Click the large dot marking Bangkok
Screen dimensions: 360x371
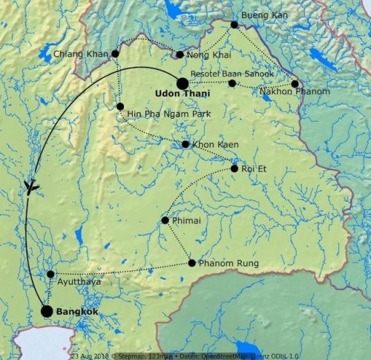click(47, 311)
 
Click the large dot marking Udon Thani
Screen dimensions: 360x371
click(183, 84)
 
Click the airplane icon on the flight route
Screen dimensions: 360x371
click(31, 186)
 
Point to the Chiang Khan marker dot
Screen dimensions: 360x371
click(115, 53)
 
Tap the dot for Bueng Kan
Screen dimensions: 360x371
click(234, 24)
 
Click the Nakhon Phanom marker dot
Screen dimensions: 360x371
click(295, 84)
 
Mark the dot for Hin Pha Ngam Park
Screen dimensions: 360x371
click(120, 107)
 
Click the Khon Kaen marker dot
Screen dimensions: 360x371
click(185, 144)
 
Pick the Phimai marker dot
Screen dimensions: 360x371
click(165, 220)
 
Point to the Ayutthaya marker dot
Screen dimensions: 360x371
click(50, 274)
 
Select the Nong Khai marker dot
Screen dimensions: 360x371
click(180, 54)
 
